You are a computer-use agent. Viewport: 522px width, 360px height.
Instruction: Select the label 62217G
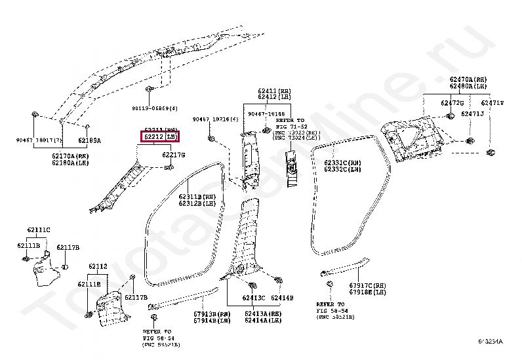[x=174, y=155]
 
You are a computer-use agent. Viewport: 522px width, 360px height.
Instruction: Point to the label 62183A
[x=90, y=140]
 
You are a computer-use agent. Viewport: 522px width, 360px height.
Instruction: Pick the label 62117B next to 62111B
[x=68, y=247]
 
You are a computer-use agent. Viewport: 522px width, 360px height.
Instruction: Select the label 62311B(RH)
[x=197, y=196]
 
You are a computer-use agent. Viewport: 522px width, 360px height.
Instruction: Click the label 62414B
[x=283, y=298]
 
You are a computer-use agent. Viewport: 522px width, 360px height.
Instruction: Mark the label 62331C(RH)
[x=343, y=162]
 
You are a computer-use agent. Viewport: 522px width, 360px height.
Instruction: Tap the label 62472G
[x=452, y=103]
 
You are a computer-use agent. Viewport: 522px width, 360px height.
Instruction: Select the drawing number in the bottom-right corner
[x=496, y=341]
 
